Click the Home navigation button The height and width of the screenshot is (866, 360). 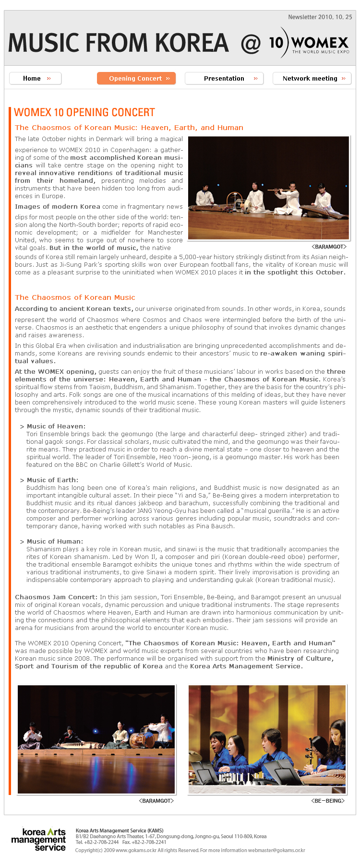[x=36, y=78]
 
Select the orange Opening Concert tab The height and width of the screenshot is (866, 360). [x=136, y=78]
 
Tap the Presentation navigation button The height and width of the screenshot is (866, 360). [x=224, y=78]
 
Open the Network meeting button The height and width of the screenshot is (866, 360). [x=312, y=78]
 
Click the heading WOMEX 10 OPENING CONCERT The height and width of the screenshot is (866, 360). [x=84, y=112]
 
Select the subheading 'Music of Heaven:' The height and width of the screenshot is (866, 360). [x=56, y=426]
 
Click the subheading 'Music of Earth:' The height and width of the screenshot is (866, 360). [x=52, y=480]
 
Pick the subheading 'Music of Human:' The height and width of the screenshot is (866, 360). [x=55, y=541]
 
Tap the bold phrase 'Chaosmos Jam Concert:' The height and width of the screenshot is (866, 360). [x=56, y=597]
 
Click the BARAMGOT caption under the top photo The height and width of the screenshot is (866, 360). [x=329, y=247]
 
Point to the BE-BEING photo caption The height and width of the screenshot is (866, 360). [x=328, y=801]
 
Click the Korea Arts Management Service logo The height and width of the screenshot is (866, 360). [x=38, y=840]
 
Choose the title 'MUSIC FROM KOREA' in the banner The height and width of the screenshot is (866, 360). [x=119, y=43]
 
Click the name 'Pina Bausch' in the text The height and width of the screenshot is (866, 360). [x=216, y=526]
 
